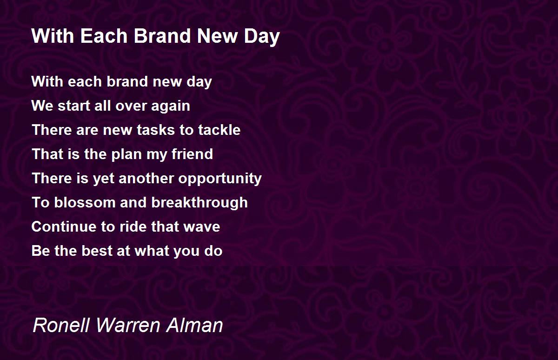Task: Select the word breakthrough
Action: pos(199,203)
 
